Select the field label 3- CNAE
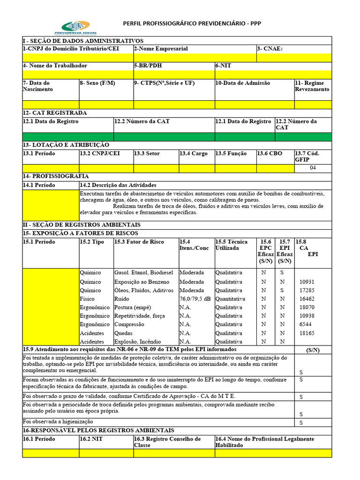click(270, 49)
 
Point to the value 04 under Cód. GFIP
click(313, 168)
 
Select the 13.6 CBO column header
click(270, 154)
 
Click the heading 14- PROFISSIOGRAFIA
click(56, 176)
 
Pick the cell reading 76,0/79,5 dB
click(195, 299)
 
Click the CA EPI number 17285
click(307, 291)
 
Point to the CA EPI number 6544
click(305, 324)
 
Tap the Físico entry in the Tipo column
click(87, 299)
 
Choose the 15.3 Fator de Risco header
click(139, 242)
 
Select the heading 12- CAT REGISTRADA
click(55, 113)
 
